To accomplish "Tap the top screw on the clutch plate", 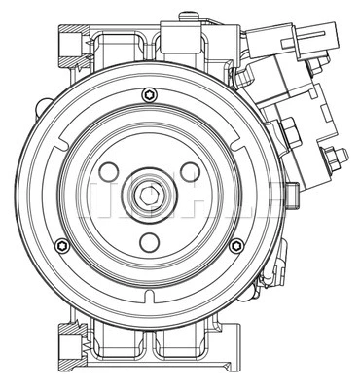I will pyautogui.click(x=148, y=94).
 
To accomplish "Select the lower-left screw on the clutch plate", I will pyautogui.click(x=62, y=244).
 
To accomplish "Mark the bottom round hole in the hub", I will pyautogui.click(x=150, y=242).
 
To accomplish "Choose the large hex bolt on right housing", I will pyautogui.click(x=290, y=129).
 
